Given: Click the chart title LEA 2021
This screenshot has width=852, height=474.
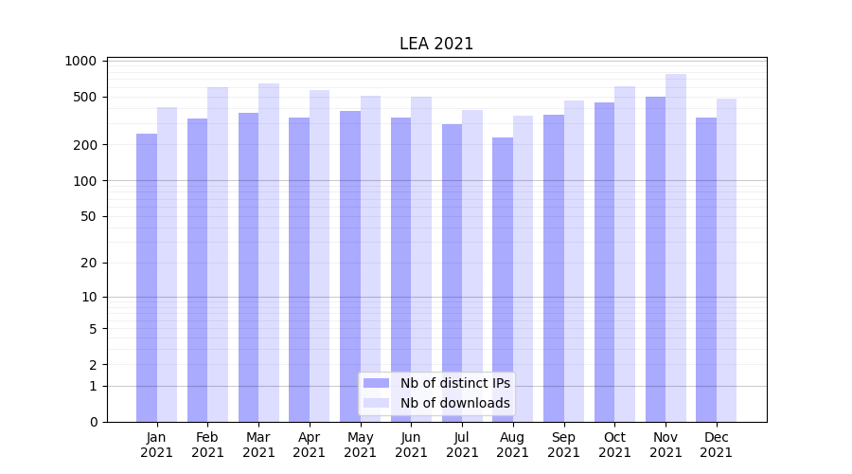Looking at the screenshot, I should pos(436,44).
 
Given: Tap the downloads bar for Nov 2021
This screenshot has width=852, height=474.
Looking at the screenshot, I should pos(676,246).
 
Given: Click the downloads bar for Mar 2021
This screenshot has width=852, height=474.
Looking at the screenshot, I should pos(269,252).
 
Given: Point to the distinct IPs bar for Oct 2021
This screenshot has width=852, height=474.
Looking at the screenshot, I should pos(604,262).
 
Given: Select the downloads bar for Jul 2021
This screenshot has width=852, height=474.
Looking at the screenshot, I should pos(472,265).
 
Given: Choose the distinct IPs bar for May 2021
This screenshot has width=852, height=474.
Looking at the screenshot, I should pos(350,265).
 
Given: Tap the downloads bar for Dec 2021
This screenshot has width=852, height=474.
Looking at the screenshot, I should pos(726,260).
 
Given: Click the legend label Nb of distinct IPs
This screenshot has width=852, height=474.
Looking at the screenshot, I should pos(455,383).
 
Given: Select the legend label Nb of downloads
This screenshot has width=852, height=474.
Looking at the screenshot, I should pos(455,403).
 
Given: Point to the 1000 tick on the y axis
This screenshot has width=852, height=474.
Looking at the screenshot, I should pos(81,61).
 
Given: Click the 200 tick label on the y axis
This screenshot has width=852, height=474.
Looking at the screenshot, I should pos(85,145).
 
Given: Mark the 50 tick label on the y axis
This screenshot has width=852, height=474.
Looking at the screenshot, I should pos(88,216).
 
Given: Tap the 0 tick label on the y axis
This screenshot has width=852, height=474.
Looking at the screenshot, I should pos(93,422).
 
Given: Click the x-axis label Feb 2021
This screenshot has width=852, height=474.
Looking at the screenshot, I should pos(207,445).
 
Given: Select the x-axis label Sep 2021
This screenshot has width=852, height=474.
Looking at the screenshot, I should pos(563,445).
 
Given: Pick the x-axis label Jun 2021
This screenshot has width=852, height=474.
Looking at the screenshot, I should pos(411,445).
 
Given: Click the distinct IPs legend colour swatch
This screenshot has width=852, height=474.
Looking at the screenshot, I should pos(377,383).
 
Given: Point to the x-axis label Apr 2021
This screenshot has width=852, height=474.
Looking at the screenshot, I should pos(310,445).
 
